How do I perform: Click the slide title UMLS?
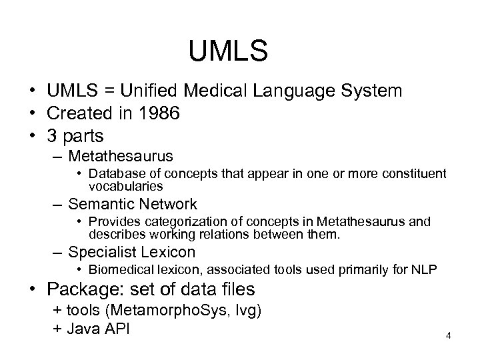228,51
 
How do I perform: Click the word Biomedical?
121,270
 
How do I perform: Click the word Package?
81,291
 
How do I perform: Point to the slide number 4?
449,335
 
